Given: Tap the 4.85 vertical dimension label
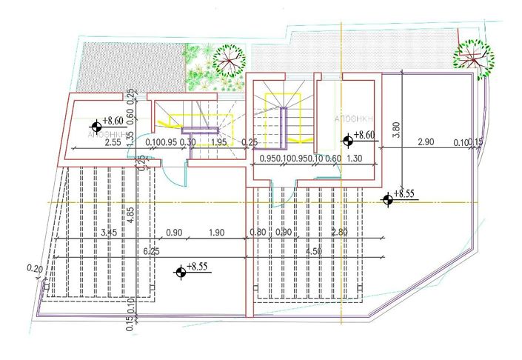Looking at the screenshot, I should tap(130, 216).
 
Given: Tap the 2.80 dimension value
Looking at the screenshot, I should tap(339, 233).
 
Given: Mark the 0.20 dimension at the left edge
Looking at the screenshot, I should tap(34, 268).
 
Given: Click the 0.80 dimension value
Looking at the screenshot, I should tap(258, 233).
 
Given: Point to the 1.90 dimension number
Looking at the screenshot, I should tap(216, 233).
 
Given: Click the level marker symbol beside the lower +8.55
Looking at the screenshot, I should tap(181, 273).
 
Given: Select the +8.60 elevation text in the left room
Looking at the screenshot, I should tap(114, 120).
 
